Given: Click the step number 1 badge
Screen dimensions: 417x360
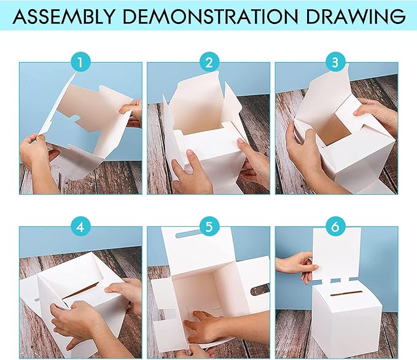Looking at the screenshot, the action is click(x=80, y=63).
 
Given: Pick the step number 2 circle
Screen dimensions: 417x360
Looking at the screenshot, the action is click(x=209, y=63).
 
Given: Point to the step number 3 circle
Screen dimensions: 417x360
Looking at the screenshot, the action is click(x=335, y=63).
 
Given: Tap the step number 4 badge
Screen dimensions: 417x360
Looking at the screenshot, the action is click(x=80, y=227).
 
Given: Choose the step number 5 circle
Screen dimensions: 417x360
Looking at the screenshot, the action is click(x=209, y=227).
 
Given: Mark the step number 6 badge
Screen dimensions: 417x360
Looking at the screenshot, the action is click(x=335, y=227).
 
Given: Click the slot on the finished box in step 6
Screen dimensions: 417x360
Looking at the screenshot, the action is click(x=346, y=294).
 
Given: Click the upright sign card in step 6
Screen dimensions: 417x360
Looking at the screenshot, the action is click(x=337, y=254).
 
